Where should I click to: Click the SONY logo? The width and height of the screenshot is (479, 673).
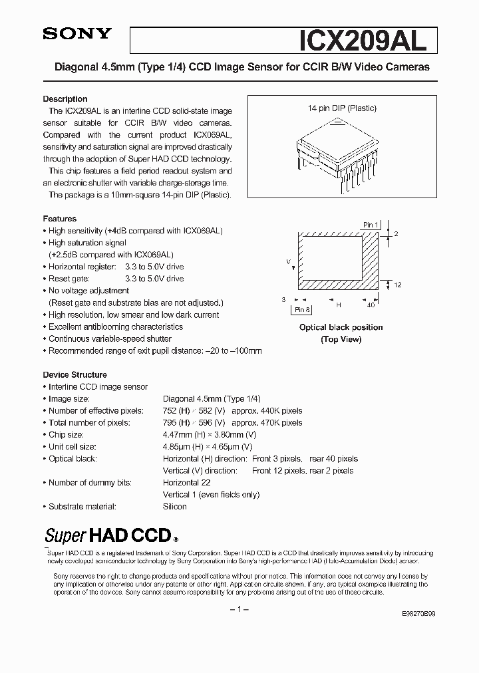tap(77, 34)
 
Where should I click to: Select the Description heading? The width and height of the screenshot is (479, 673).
tap(65, 99)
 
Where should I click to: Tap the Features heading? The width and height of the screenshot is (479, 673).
tap(60, 219)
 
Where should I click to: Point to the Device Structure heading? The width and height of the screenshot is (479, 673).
tap(75, 374)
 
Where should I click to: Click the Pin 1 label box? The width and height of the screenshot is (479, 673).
tap(371, 225)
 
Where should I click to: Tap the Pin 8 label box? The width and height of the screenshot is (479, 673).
tap(302, 310)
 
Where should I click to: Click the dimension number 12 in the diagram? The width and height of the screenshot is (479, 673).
tap(397, 285)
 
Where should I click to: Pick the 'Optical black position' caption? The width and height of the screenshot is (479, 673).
tap(341, 327)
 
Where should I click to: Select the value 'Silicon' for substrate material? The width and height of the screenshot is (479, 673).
tap(174, 507)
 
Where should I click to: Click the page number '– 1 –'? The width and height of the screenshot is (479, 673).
tap(239, 609)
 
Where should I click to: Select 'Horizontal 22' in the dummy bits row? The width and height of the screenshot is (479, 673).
tap(187, 483)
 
